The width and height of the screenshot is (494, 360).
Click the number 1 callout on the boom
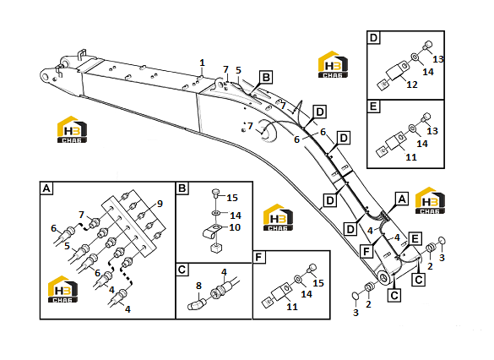[202, 63]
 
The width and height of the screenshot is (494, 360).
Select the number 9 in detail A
[160, 204]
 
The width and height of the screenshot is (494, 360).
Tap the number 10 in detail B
[235, 227]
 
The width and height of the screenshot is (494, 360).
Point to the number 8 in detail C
[198, 286]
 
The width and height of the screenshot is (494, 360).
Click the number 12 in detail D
[412, 85]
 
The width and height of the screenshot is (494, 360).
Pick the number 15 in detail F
[318, 283]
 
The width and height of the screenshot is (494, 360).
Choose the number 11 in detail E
[411, 157]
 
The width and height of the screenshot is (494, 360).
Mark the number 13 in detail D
[438, 59]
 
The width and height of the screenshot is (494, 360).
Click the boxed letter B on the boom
[266, 78]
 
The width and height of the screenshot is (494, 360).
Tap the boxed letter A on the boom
[402, 199]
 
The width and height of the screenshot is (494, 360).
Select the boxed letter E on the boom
[415, 238]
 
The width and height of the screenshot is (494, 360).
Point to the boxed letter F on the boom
[366, 251]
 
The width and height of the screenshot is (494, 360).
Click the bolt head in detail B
[216, 193]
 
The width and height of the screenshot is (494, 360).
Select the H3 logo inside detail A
[62, 289]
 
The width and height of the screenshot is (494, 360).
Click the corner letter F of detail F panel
[258, 258]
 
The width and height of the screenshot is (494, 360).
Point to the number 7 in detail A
[82, 215]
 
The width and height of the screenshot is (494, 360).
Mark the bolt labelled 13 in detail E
[426, 117]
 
